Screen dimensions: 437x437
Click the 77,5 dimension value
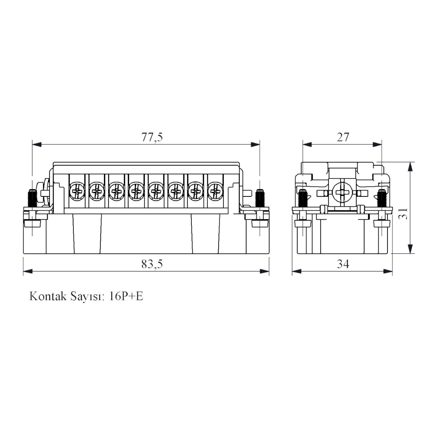coord(152,137)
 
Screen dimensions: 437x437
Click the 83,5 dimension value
coord(152,264)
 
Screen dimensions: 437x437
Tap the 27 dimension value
coord(343,137)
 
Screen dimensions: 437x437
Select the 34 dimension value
coord(343,264)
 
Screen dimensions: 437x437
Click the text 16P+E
coord(126,296)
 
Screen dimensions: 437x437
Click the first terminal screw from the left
coord(77,191)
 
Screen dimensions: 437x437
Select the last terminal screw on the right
coord(216,191)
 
